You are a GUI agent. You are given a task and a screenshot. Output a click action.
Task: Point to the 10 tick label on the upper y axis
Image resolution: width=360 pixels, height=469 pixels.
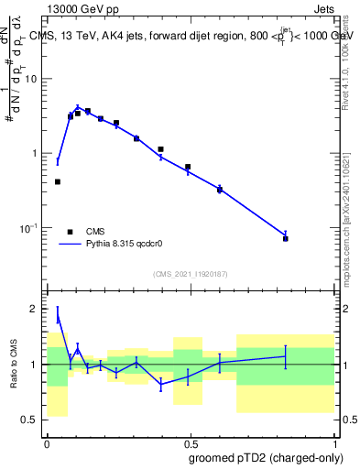pos(32,79)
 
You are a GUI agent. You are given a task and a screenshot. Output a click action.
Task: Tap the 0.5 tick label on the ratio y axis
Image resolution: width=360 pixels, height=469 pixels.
pos(32,420)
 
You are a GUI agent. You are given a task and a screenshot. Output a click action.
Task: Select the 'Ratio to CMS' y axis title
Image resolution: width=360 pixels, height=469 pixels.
pos(14,365)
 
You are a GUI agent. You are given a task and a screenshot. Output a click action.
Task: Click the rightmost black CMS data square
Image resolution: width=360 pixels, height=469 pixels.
pos(286,238)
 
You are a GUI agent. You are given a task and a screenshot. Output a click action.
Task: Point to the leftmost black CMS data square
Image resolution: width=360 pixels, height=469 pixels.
pos(58,181)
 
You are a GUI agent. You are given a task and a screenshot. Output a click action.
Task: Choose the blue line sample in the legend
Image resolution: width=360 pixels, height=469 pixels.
pos(69,245)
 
